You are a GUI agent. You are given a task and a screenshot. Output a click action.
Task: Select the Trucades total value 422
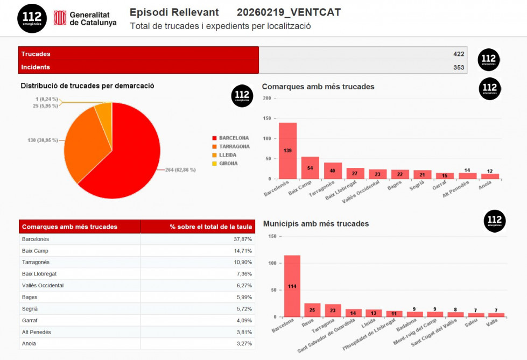[458, 54]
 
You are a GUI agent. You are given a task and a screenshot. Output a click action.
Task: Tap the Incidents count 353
[458, 67]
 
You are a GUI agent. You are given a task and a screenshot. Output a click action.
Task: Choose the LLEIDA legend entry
[228, 155]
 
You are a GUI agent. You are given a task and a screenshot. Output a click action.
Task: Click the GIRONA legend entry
[228, 164]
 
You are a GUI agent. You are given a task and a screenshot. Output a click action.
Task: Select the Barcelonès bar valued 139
[287, 151]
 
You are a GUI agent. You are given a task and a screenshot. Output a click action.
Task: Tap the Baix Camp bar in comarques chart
[310, 168]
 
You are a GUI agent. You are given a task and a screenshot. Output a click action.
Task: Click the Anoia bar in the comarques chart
[490, 176]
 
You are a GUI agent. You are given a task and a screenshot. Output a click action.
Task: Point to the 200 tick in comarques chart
[267, 98]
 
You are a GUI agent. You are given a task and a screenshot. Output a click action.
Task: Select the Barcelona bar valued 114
[292, 286]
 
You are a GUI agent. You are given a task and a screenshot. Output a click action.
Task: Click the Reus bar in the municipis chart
[312, 310]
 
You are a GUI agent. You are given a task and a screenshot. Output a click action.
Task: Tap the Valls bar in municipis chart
[496, 314]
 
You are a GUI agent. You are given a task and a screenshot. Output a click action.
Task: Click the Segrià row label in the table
[30, 309]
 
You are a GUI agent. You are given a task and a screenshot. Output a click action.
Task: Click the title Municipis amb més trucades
[316, 223]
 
